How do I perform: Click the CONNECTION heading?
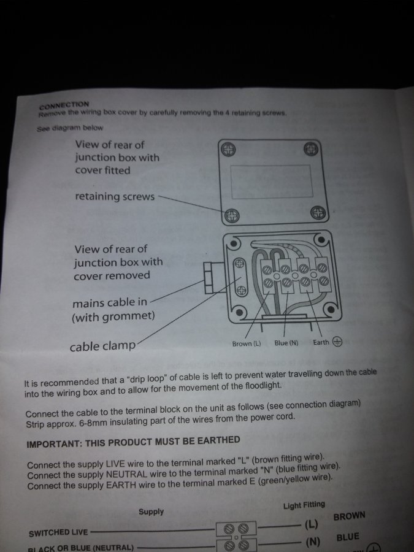[64, 105]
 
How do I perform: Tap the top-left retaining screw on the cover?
[228, 150]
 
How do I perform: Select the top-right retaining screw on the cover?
[311, 149]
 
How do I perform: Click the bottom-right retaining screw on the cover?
[318, 213]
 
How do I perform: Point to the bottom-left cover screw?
[232, 215]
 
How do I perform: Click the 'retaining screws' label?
[115, 196]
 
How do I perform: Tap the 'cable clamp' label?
[102, 347]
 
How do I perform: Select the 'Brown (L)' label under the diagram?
[247, 343]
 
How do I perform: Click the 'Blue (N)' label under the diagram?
[286, 343]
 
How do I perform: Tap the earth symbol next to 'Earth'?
[337, 342]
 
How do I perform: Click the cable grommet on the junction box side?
[209, 278]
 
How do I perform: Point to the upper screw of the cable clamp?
[240, 263]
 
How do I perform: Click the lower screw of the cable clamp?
[241, 291]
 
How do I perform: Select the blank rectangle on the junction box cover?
[272, 182]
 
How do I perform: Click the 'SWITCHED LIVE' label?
[58, 532]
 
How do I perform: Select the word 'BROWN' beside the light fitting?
[350, 516]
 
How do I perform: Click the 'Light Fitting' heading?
[304, 505]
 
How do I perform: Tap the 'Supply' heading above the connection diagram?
[151, 512]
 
